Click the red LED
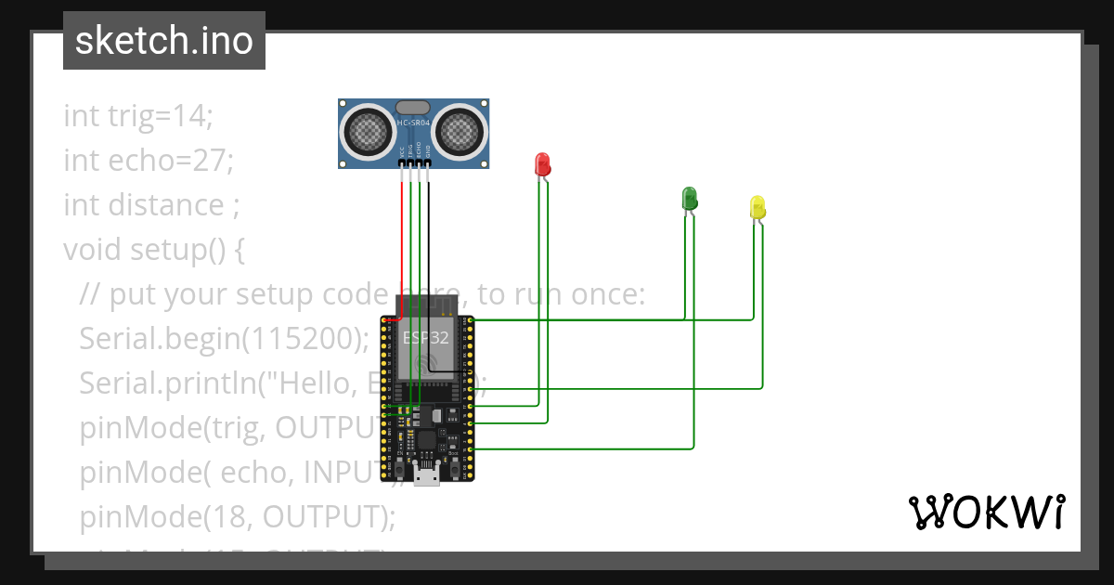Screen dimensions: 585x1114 pyautogui.click(x=543, y=164)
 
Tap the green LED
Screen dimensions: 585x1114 pyautogui.click(x=689, y=197)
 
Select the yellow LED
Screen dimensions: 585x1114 pyautogui.click(x=758, y=207)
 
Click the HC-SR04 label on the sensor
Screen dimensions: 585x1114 pyautogui.click(x=413, y=123)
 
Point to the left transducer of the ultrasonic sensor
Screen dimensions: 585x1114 pyautogui.click(x=368, y=130)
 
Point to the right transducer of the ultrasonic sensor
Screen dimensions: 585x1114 pyautogui.click(x=460, y=130)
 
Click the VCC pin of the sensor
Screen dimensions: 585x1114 pyautogui.click(x=402, y=163)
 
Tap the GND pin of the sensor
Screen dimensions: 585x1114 pyautogui.click(x=428, y=163)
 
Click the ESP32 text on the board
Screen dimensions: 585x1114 pyautogui.click(x=425, y=337)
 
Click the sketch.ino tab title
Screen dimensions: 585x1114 pyautogui.click(x=164, y=41)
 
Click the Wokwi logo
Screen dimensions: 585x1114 pyautogui.click(x=986, y=512)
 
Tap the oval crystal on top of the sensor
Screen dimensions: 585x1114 pyautogui.click(x=412, y=107)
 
